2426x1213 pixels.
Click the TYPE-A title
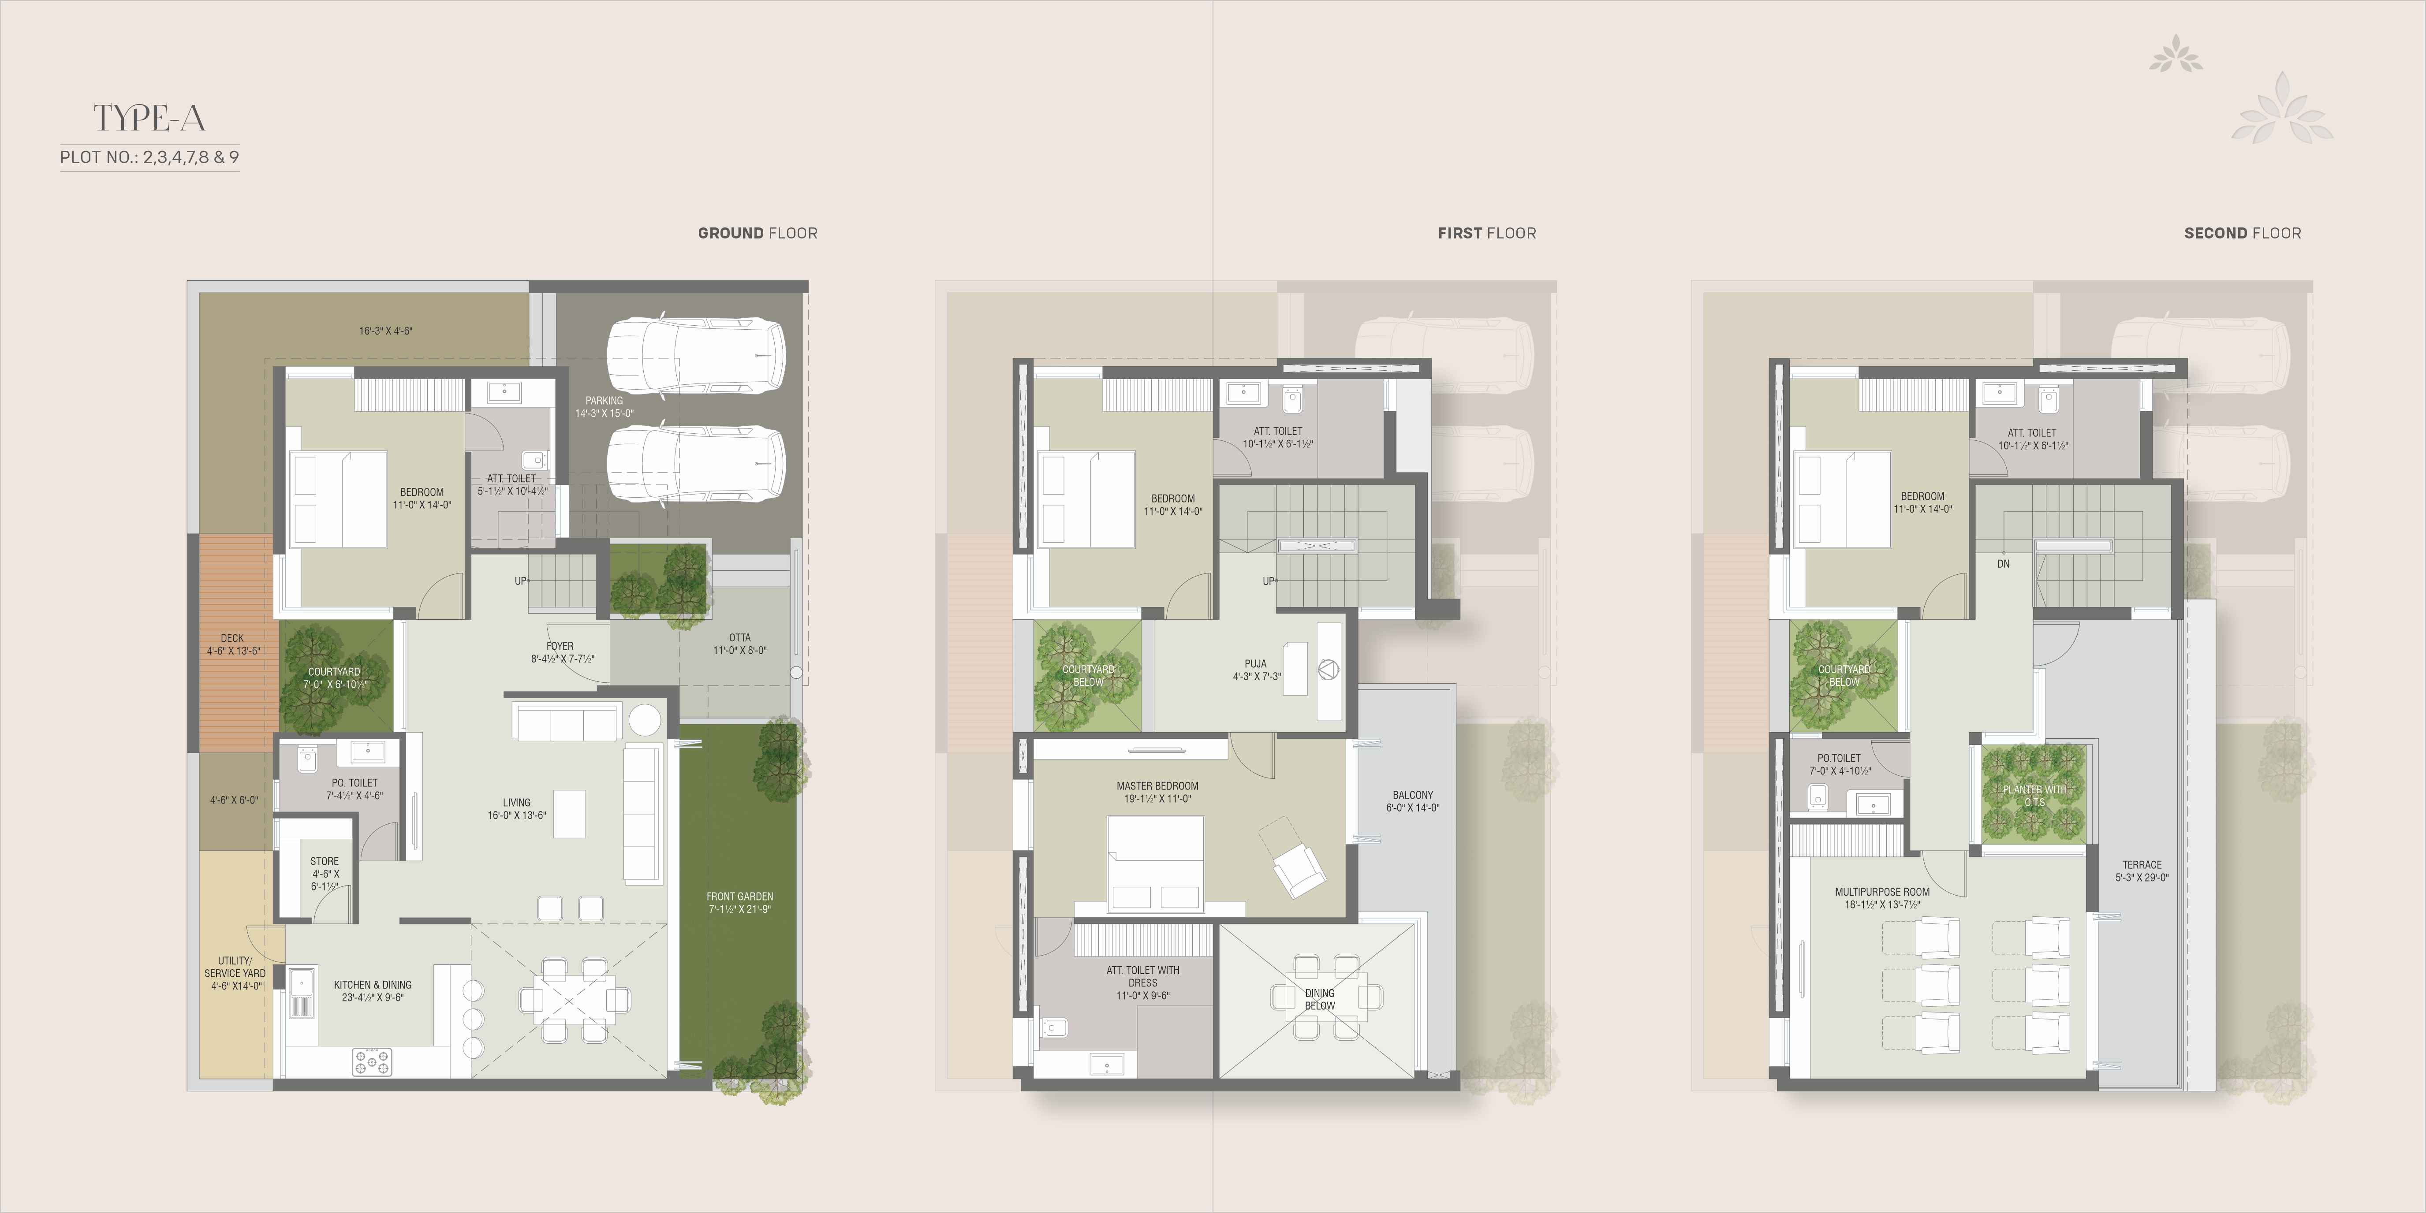(149, 119)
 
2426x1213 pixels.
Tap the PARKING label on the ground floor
(604, 401)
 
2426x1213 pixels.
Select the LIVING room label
(516, 804)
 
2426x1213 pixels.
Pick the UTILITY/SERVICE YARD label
(235, 967)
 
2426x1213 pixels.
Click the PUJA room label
(1255, 664)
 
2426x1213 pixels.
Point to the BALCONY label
(1413, 796)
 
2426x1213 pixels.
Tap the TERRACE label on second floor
(2142, 864)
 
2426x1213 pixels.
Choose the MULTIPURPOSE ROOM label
(1881, 892)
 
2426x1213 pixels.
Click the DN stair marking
(2003, 564)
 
